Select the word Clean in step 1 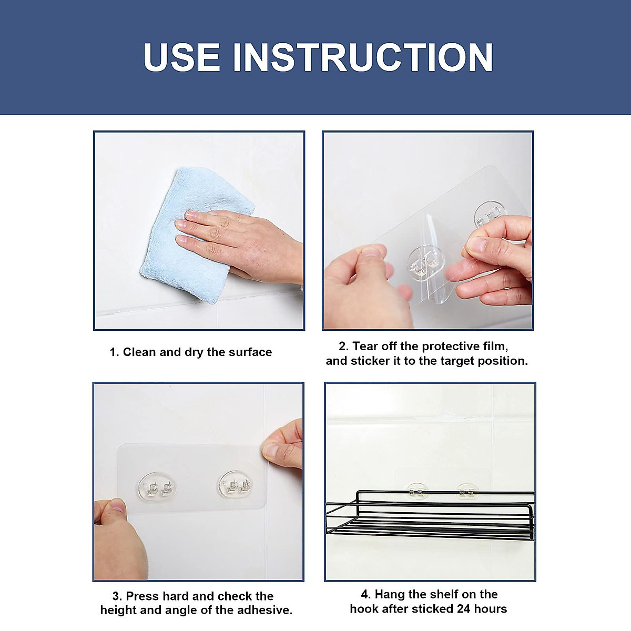(x=138, y=352)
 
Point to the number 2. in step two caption (x=344, y=346)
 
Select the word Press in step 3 (x=143, y=596)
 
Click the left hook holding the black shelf (x=417, y=491)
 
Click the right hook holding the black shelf (x=466, y=492)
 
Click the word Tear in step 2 (x=363, y=346)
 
